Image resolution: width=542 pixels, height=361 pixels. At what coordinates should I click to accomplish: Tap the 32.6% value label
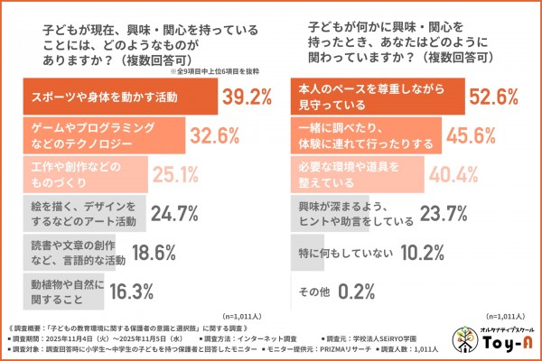coord(218,136)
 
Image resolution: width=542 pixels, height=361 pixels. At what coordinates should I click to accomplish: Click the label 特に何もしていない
coord(338,252)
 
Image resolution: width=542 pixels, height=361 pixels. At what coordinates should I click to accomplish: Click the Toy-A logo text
coord(508,344)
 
